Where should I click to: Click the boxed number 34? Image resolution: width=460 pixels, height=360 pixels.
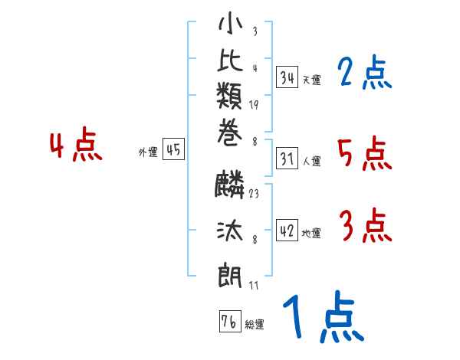pyautogui.click(x=287, y=77)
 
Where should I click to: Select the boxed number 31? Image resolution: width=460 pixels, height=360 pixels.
pyautogui.click(x=287, y=159)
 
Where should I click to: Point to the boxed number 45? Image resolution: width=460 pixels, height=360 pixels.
pyautogui.click(x=172, y=150)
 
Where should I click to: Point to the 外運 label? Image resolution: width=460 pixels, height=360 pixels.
pyautogui.click(x=148, y=152)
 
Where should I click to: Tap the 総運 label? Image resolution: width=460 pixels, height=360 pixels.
pyautogui.click(x=255, y=324)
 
